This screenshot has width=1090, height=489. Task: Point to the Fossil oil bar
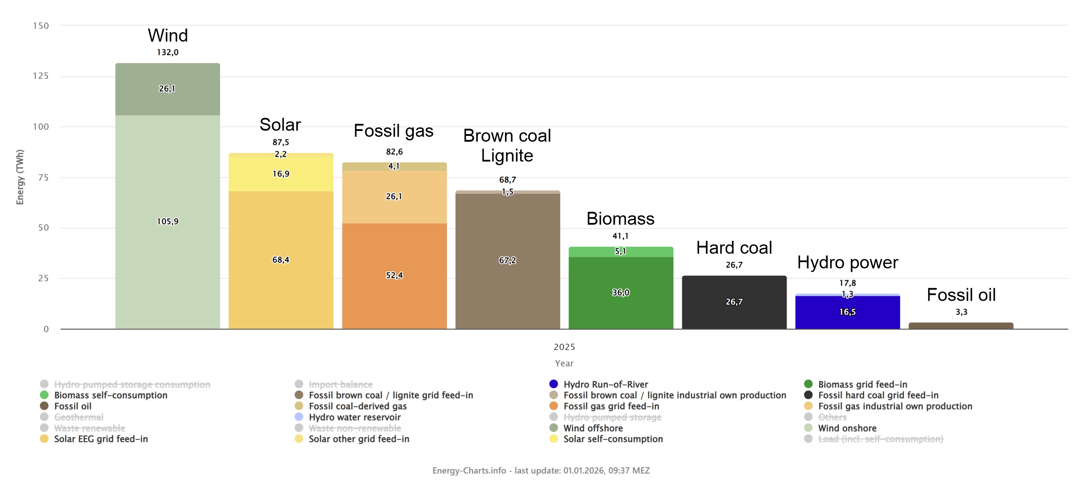pos(961,326)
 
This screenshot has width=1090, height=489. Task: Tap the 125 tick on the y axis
pos(41,76)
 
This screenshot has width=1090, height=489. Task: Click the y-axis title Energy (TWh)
pos(20,177)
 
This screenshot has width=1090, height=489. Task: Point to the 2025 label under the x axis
pos(564,347)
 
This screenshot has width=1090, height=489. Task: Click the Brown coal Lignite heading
pos(507,146)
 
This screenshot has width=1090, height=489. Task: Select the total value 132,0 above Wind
pos(168,52)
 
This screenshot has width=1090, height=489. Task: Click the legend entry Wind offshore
pos(593,428)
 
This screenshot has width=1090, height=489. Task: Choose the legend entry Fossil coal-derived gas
pos(358,406)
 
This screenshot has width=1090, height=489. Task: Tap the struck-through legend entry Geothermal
pos(79,417)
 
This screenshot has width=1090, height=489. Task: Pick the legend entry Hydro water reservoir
pos(354,417)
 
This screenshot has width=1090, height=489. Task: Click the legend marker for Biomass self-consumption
pos(44,395)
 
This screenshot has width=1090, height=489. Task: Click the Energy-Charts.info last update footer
pos(541,470)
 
